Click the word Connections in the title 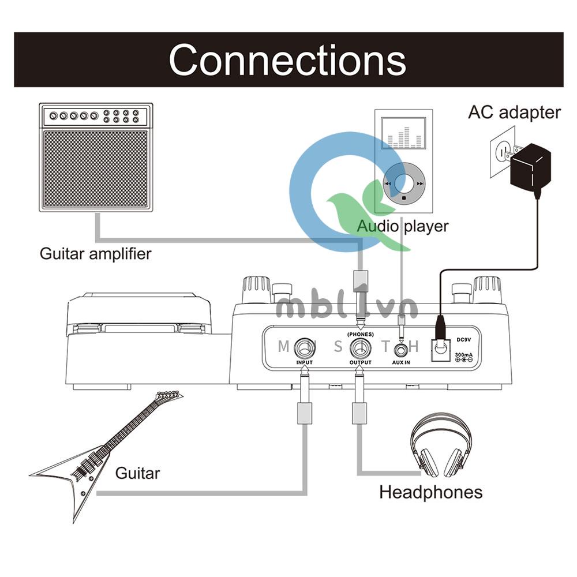[x=287, y=59]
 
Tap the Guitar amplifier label [x=95, y=253]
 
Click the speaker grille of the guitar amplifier [x=96, y=167]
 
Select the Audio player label [x=402, y=226]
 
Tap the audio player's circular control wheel [x=403, y=182]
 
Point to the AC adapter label [x=514, y=112]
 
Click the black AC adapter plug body [x=530, y=168]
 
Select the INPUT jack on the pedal [x=304, y=348]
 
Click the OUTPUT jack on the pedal [x=360, y=348]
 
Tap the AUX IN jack [x=401, y=349]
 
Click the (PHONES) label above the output [x=360, y=334]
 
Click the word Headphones [x=430, y=492]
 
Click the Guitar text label [x=137, y=474]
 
